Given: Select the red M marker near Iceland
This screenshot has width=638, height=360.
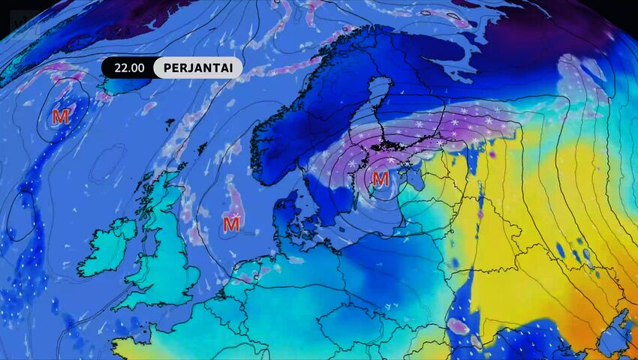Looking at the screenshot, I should click(x=61, y=117).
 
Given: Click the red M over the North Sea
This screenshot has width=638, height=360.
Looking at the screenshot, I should click(x=231, y=223).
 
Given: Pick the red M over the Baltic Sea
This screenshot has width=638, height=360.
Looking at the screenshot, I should click(x=381, y=178).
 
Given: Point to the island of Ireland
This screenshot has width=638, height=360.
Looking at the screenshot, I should click(x=109, y=247).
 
